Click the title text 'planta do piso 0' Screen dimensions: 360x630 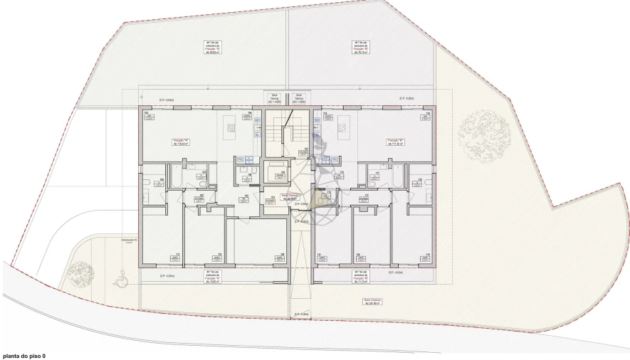(24, 354)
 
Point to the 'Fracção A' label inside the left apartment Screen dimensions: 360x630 (179, 142)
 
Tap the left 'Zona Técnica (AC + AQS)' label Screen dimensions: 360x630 (273, 99)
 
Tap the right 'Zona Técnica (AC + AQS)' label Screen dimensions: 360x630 (299, 99)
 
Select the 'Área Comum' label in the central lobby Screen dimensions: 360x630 (289, 197)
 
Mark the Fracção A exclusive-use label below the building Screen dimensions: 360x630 (211, 277)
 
